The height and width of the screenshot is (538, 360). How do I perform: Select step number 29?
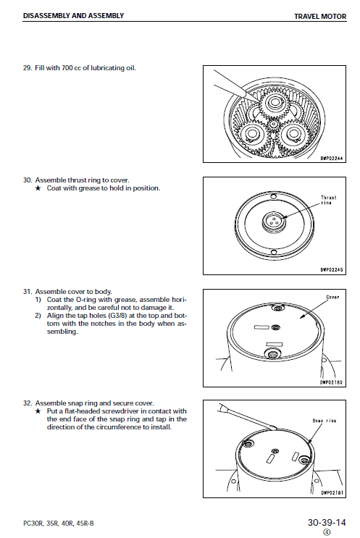coord(28,68)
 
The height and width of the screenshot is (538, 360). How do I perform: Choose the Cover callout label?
coord(332,297)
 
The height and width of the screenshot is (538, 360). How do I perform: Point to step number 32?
coord(28,403)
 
